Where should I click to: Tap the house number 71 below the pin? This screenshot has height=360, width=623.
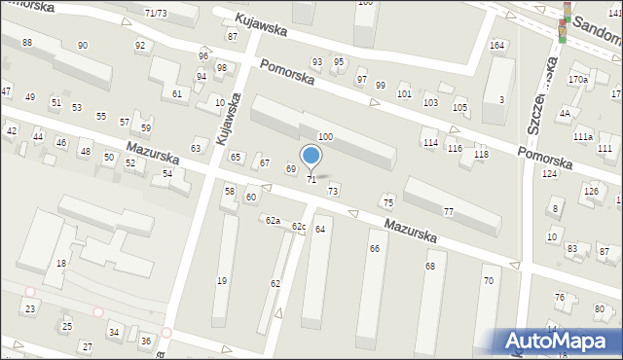[x=311, y=180]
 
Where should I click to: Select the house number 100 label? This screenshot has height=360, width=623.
[x=325, y=137]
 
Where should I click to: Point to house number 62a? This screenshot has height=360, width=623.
[x=274, y=220]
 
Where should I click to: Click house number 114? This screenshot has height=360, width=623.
[x=429, y=143]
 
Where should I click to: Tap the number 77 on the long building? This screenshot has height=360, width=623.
[x=449, y=211]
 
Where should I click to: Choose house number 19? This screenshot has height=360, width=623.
[x=221, y=281]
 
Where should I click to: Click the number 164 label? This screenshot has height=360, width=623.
[x=496, y=46]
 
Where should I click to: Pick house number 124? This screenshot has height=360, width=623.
[x=550, y=173]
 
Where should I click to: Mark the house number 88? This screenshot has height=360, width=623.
[x=26, y=42]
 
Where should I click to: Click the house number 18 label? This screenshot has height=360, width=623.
[x=60, y=264]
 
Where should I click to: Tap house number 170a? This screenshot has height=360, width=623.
[x=578, y=79]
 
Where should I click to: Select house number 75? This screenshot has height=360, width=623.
[x=387, y=202]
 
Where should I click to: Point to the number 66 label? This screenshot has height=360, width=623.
[x=374, y=249]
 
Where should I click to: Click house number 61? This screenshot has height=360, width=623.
[x=177, y=93]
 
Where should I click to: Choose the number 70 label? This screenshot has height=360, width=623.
[x=488, y=281]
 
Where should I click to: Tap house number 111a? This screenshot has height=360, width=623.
[x=582, y=138]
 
